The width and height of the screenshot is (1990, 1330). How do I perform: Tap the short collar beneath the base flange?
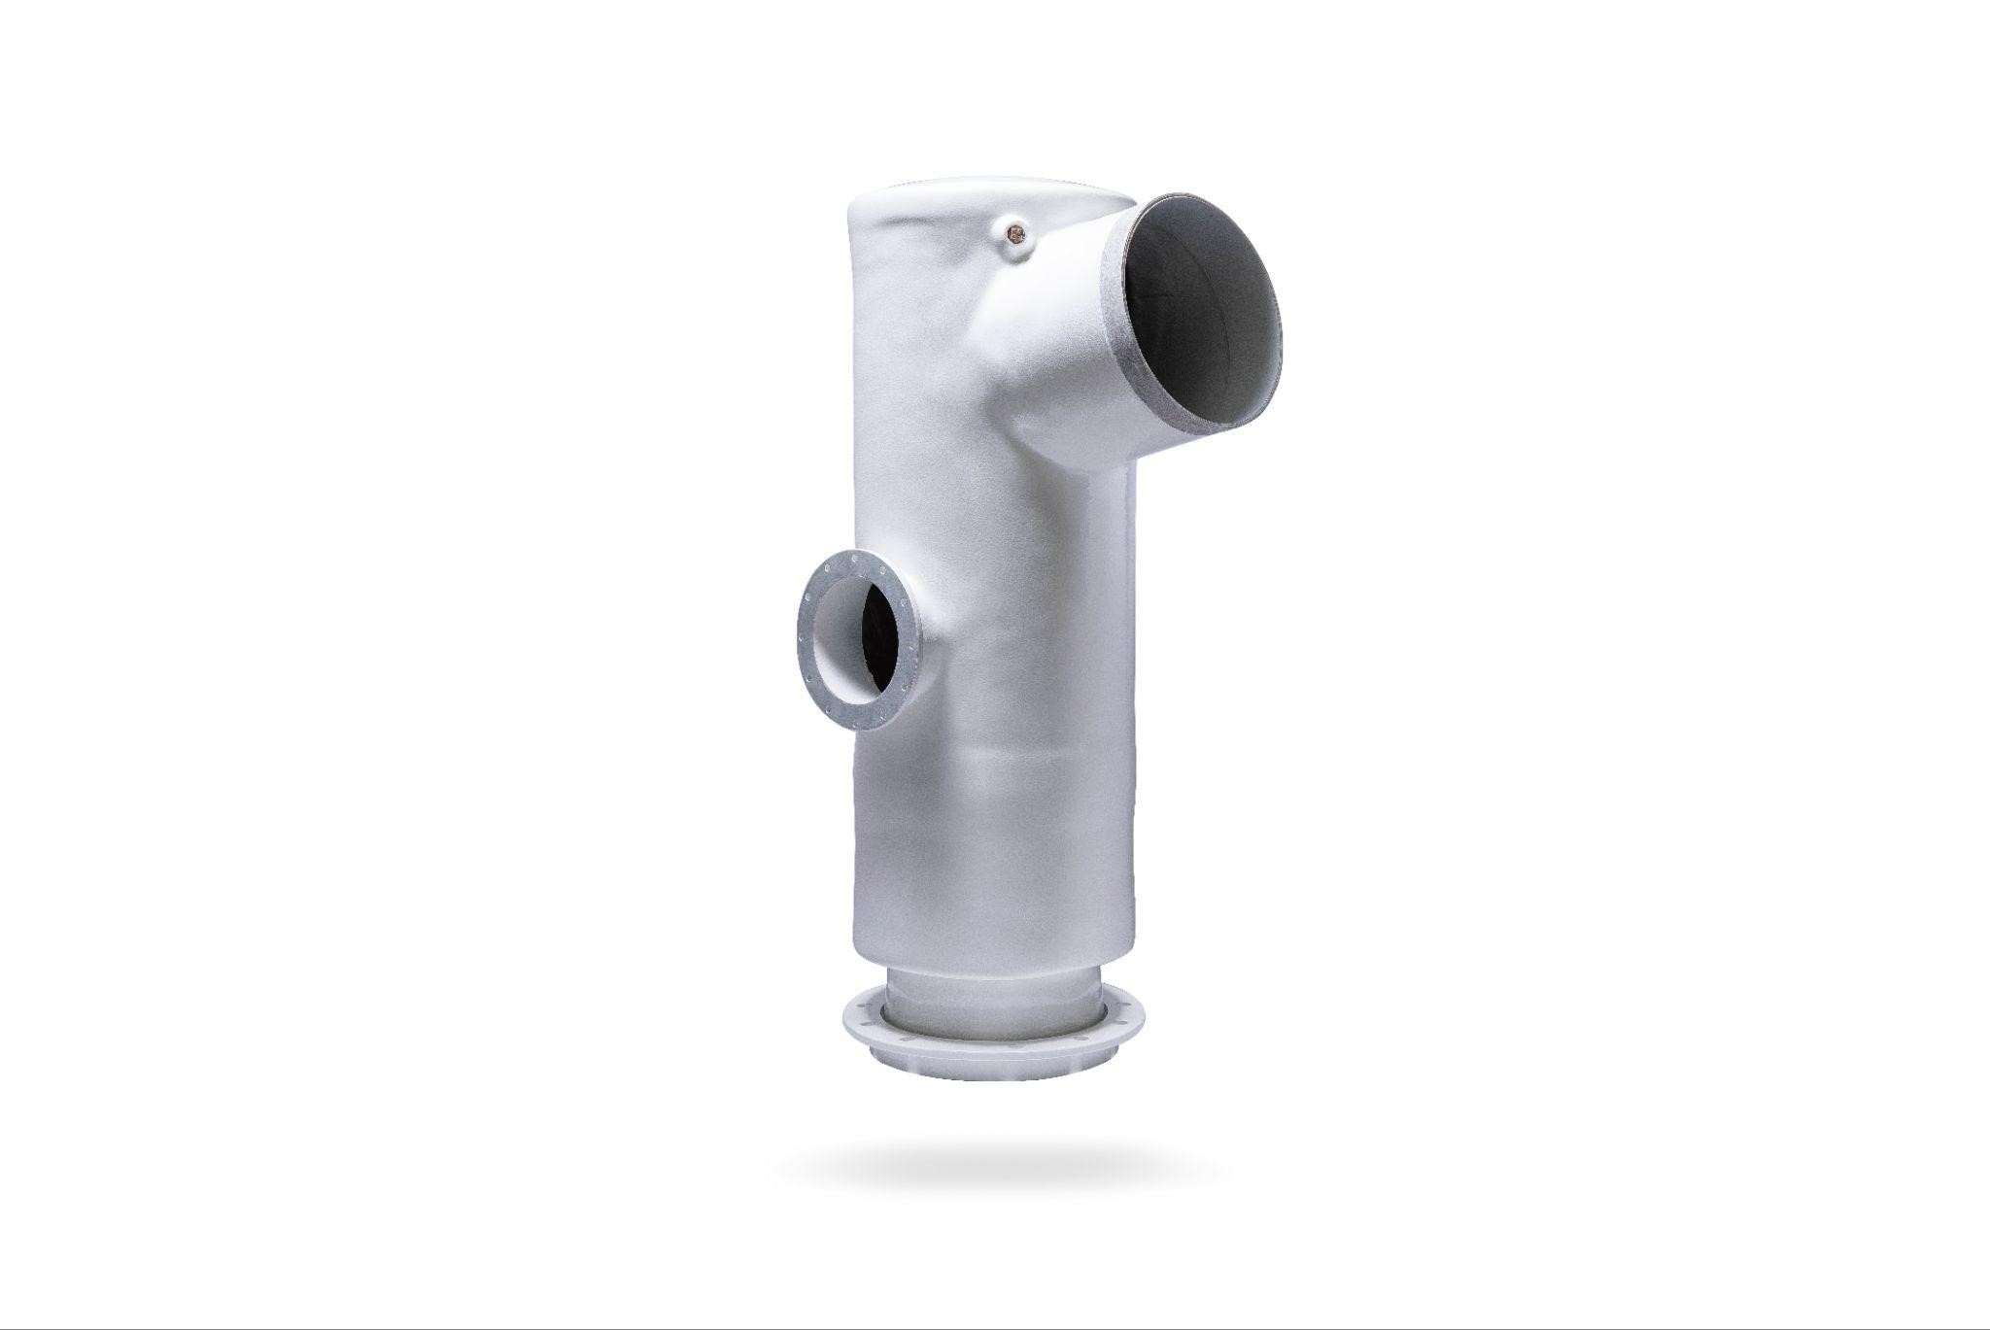pyautogui.click(x=991, y=1074)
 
